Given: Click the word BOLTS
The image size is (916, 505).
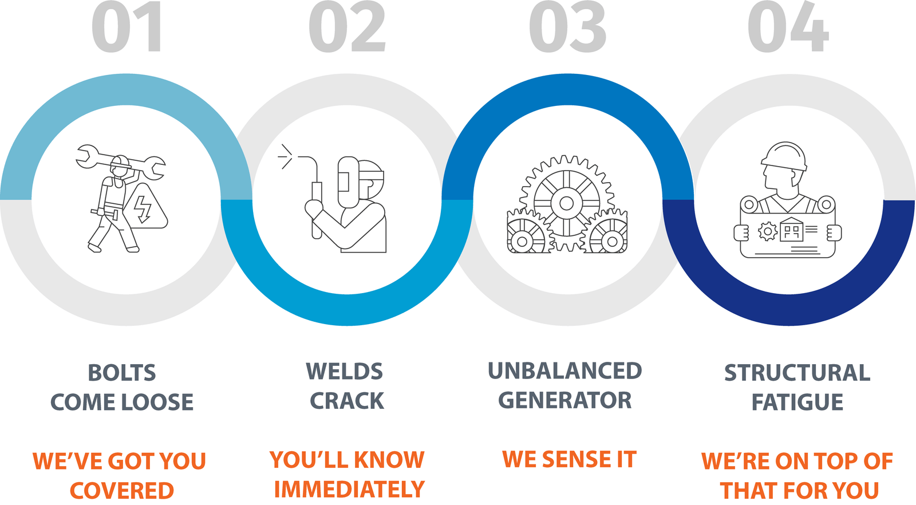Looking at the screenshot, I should (x=122, y=373).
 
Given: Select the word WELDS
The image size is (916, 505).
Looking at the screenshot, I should (x=344, y=372).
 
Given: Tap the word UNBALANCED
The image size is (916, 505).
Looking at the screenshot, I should (x=564, y=371).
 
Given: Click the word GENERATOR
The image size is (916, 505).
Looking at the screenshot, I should (x=564, y=400).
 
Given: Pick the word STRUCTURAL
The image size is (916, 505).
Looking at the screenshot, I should (x=797, y=373).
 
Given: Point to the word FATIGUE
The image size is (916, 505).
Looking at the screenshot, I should (x=797, y=402).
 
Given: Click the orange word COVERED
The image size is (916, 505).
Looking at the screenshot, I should (x=122, y=491).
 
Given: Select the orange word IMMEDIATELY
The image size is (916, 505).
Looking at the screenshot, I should (x=349, y=490).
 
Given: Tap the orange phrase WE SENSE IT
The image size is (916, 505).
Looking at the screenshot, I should (x=569, y=459).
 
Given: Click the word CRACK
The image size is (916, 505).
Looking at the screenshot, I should (x=347, y=401).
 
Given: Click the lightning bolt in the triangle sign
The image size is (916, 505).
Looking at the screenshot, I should (x=142, y=208).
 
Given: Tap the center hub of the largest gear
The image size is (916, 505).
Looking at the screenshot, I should (x=566, y=203).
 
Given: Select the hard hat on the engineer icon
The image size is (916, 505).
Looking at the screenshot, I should (x=784, y=156).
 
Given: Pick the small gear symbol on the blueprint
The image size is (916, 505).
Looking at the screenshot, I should (x=767, y=232).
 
